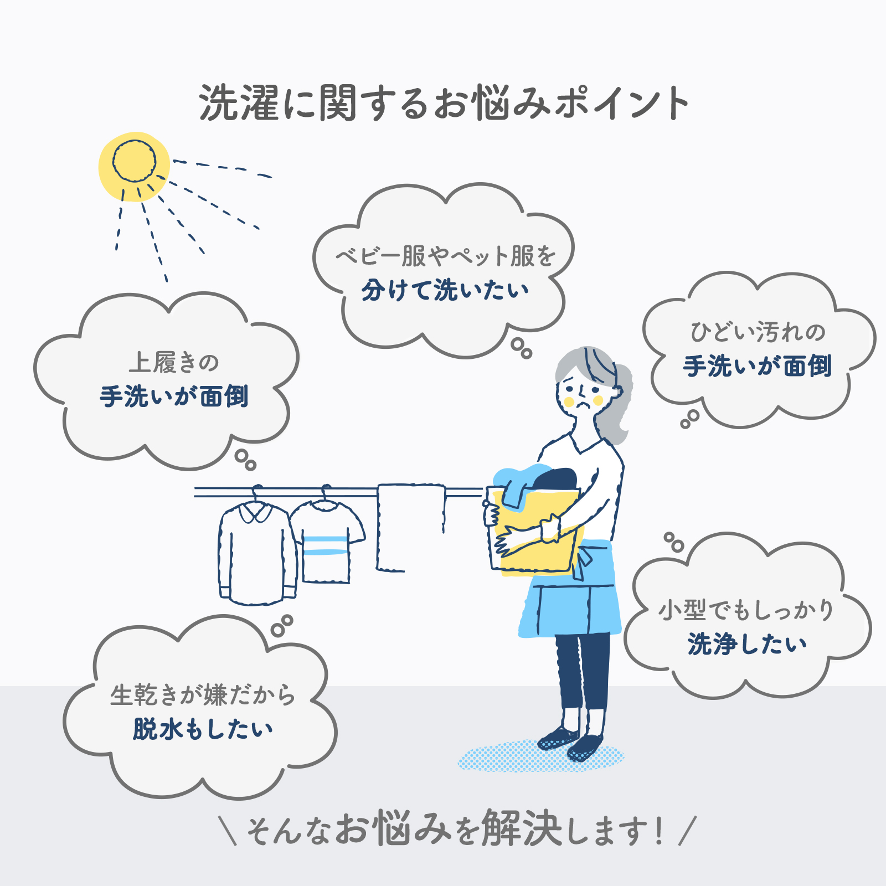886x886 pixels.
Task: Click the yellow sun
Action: click(134, 166)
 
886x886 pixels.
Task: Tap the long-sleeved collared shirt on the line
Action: click(257, 552)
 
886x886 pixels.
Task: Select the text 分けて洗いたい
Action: click(445, 290)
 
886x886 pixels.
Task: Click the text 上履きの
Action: click(174, 363)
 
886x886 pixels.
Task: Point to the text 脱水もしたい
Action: click(203, 729)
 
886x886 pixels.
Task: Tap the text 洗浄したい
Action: click(747, 645)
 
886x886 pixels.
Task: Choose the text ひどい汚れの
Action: click(758, 332)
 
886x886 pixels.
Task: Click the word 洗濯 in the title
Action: click(239, 103)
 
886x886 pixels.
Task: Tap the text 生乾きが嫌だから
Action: click(203, 695)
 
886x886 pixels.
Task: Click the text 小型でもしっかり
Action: click(746, 610)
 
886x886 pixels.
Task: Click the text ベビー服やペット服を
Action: click(445, 256)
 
